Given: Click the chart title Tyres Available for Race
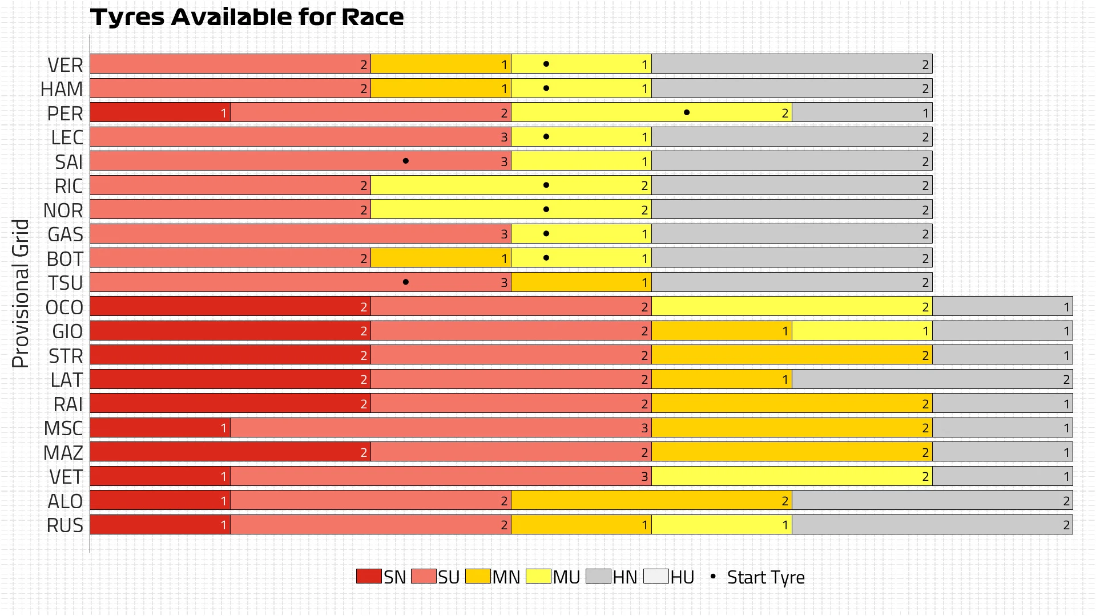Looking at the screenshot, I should pyautogui.click(x=247, y=17).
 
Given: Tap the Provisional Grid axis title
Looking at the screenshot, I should pyautogui.click(x=21, y=293).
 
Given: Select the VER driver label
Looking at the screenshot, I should pyautogui.click(x=65, y=65).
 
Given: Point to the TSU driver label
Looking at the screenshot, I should pyautogui.click(x=65, y=283).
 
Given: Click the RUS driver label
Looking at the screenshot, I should pyautogui.click(x=65, y=525).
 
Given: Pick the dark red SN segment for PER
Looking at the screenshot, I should pyautogui.click(x=160, y=112).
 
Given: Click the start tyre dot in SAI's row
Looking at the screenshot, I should pyautogui.click(x=406, y=161).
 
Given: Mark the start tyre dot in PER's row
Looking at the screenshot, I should pyautogui.click(x=687, y=112).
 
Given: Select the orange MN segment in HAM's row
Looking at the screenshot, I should pyautogui.click(x=441, y=88).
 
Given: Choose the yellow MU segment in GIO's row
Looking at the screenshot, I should pyautogui.click(x=862, y=331).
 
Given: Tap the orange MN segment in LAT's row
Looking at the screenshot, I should pyautogui.click(x=722, y=379).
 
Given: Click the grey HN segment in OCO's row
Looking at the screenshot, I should pyautogui.click(x=1002, y=307).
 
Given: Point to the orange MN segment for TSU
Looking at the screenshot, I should pyautogui.click(x=581, y=282).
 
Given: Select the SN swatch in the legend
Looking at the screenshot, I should pyautogui.click(x=369, y=576).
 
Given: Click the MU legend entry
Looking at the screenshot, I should pyautogui.click(x=553, y=577).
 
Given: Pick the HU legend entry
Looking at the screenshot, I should pyautogui.click(x=669, y=577).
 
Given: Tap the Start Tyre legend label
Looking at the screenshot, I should pyautogui.click(x=765, y=577).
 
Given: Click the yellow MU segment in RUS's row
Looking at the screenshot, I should pyautogui.click(x=722, y=525).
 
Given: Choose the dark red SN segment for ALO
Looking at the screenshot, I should pyautogui.click(x=160, y=501).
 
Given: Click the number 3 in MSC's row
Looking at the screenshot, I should pyautogui.click(x=644, y=428).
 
